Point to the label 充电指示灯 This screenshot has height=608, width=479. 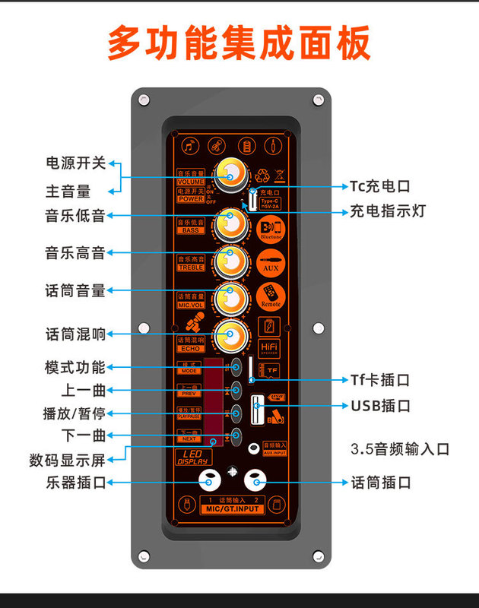[388, 212]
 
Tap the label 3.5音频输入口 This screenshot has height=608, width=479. [401, 448]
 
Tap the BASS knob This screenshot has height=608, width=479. [230, 223]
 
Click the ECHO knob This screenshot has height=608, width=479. [230, 334]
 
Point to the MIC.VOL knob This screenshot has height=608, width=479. [230, 299]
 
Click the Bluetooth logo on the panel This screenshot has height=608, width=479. [271, 228]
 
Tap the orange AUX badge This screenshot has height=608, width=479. [271, 264]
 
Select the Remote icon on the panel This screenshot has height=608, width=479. [271, 295]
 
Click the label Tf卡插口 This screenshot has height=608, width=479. [380, 379]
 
